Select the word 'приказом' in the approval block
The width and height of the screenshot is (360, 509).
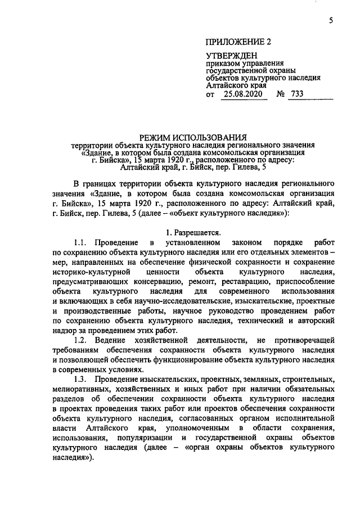pyautogui.click(x=221, y=64)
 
